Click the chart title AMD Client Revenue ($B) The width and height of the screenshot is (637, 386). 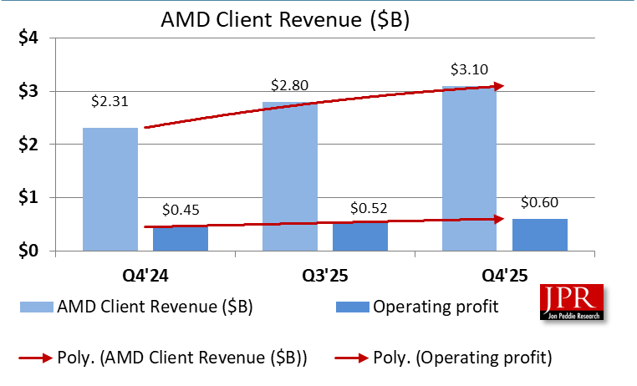284,19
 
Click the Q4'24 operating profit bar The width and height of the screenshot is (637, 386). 181,239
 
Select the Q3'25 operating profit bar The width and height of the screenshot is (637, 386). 360,237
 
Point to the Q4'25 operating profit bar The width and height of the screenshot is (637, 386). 540,235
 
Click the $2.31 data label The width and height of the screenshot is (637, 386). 111,102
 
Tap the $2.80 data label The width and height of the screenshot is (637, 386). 290,85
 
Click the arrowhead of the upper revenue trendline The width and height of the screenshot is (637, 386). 499,86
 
